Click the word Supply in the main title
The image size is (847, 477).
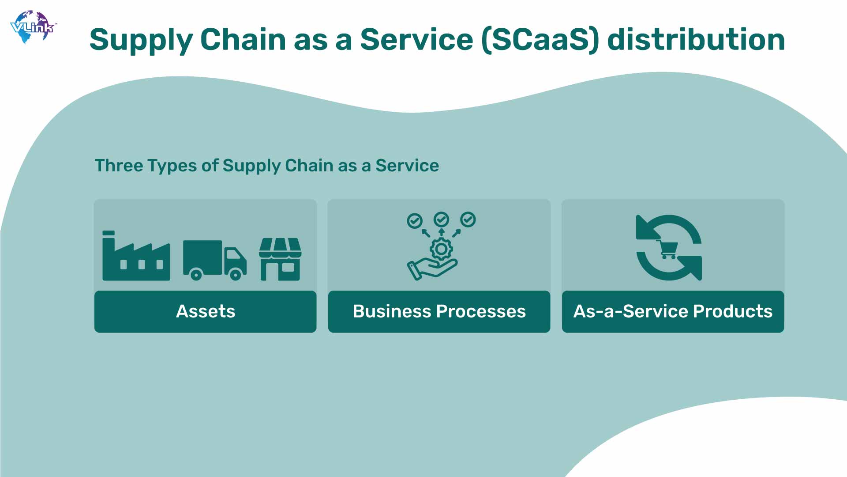[141, 40]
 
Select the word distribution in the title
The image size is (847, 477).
[696, 39]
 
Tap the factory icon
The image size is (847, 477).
[136, 255]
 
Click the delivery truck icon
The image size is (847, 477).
[215, 260]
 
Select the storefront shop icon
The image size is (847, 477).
[280, 259]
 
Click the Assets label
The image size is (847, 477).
[206, 311]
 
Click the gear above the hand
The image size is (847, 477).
[441, 249]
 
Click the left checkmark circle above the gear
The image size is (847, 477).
[415, 220]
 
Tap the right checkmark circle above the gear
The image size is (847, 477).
[468, 220]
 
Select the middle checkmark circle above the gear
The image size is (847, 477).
[441, 219]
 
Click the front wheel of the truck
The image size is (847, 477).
[236, 275]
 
